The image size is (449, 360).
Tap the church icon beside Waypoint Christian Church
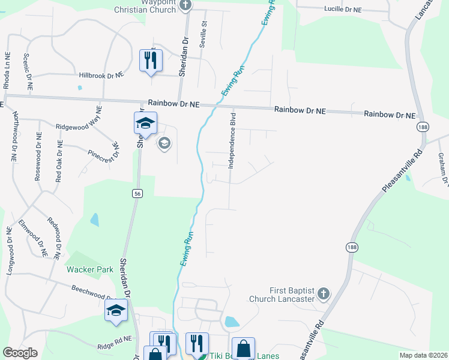(185, 5)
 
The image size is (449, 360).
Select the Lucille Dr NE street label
(343, 10)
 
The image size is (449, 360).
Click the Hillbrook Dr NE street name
(101, 76)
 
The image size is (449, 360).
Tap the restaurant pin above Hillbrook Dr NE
(151, 61)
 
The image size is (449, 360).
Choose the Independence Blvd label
(232, 140)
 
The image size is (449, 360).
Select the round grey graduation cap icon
(164, 143)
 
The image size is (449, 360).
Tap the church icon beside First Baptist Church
(323, 293)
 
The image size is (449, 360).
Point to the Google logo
(20, 352)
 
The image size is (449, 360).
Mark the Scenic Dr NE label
(26, 65)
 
